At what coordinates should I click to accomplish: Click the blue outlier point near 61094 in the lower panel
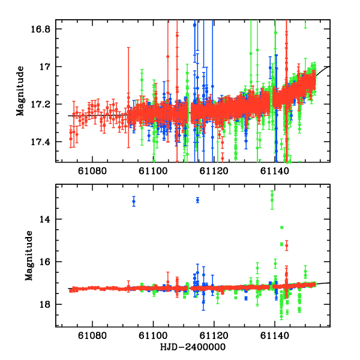(x=134, y=201)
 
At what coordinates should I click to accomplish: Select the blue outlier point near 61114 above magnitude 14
(x=197, y=200)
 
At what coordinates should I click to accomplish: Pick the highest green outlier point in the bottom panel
(x=272, y=194)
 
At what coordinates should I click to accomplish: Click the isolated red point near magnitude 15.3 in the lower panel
(x=286, y=245)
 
